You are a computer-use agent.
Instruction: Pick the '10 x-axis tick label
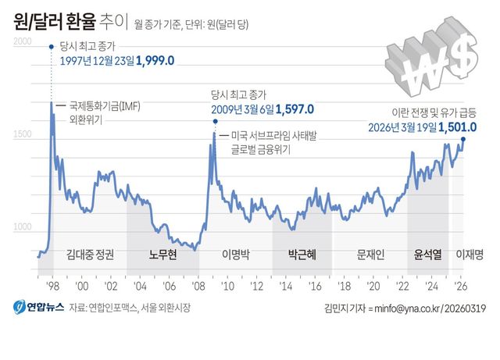(229, 286)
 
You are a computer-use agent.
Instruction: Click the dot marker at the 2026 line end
(463, 140)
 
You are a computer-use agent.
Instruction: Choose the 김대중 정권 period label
(90, 254)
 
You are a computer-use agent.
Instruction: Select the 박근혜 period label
(302, 254)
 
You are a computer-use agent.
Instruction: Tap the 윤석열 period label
(428, 254)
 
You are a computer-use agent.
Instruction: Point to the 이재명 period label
(471, 254)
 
